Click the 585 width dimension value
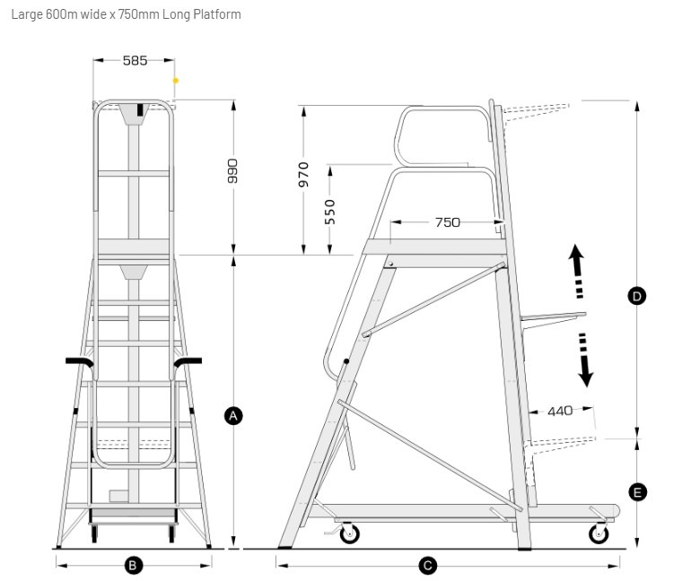pos(135,60)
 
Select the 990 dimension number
pos(232,170)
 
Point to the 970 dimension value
pos(303,175)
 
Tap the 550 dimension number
pos(329,212)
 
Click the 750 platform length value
pos(447,222)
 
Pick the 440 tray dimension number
pos(560,412)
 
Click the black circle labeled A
pos(233,415)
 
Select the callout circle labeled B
pos(133,566)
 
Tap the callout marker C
pos(427,566)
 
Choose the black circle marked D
pos(636,296)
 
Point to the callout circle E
pos(637,492)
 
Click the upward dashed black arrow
pos(577,272)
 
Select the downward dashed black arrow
pos(584,360)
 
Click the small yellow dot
pos(176,80)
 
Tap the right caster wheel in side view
pos(599,533)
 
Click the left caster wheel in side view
pos(349,533)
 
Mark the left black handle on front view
pos(79,362)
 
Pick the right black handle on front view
pos(188,362)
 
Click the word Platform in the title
pos(217,14)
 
